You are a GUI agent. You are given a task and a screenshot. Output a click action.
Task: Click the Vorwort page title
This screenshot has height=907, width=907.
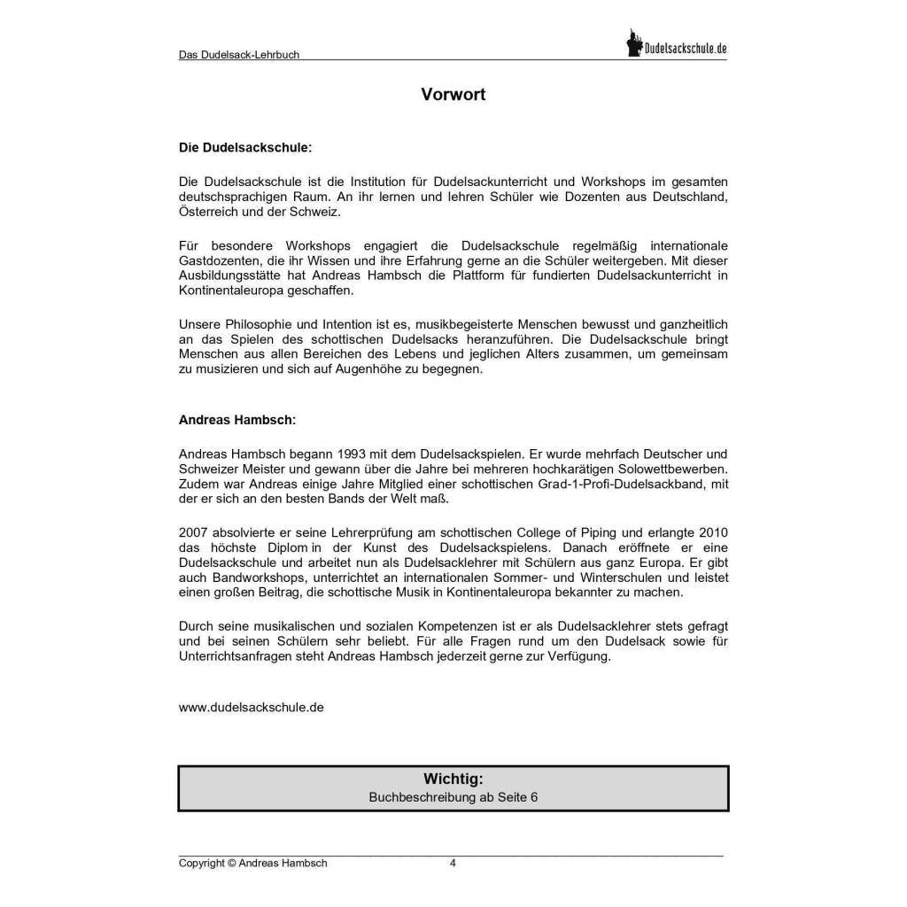coord(453,95)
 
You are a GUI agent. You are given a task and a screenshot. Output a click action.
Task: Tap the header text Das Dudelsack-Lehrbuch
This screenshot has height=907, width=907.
coord(239,55)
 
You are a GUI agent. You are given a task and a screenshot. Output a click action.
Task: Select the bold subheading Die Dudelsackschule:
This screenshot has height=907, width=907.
coord(245,148)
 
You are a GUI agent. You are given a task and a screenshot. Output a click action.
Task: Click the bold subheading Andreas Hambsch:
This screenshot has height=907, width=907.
coord(237,420)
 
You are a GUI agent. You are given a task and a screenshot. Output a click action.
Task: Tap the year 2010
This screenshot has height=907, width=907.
coord(713,532)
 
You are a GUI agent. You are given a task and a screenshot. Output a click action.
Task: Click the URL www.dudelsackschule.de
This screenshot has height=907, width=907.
coord(252,707)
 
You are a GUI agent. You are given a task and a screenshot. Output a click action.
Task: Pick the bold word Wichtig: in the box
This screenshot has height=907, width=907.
coord(453,779)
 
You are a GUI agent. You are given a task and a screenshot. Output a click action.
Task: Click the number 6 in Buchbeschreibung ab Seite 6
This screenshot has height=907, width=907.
coord(534,797)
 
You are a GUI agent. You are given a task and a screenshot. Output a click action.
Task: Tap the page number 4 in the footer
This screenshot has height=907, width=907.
coord(453,864)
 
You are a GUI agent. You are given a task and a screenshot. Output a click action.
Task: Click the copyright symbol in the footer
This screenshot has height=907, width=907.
coord(231,864)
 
